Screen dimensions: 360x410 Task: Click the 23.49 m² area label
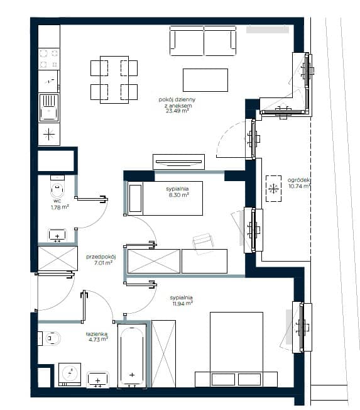click(x=177, y=111)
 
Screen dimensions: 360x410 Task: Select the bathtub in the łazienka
click(x=132, y=356)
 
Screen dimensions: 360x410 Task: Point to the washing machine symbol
click(x=70, y=374)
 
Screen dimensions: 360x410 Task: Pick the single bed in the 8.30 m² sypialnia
click(x=165, y=198)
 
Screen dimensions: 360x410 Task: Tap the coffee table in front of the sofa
click(x=205, y=80)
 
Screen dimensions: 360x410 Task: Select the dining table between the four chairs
click(x=114, y=80)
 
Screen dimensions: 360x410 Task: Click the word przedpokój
click(x=101, y=257)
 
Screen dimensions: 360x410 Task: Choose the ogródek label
click(x=298, y=180)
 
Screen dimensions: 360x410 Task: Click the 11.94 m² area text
click(x=182, y=304)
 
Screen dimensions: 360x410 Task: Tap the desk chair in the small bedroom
click(x=203, y=243)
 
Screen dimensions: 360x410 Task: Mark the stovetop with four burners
click(x=49, y=59)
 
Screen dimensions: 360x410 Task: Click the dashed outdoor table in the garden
click(x=273, y=188)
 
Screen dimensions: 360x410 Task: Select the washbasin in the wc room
click(x=57, y=235)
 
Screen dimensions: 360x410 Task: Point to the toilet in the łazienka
click(x=50, y=338)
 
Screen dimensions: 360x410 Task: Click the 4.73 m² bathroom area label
click(x=98, y=340)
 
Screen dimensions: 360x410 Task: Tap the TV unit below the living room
click(x=178, y=162)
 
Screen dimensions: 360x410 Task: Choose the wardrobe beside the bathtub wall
click(x=163, y=353)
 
